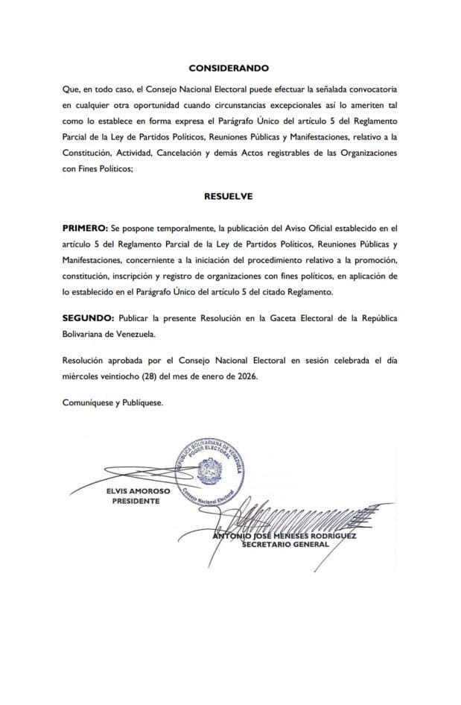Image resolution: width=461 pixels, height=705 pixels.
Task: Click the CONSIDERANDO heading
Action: click(x=229, y=68)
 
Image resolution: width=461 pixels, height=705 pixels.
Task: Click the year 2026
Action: click(x=244, y=376)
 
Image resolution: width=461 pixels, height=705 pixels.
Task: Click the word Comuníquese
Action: click(x=89, y=403)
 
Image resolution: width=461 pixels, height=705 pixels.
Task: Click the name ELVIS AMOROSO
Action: click(x=136, y=492)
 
